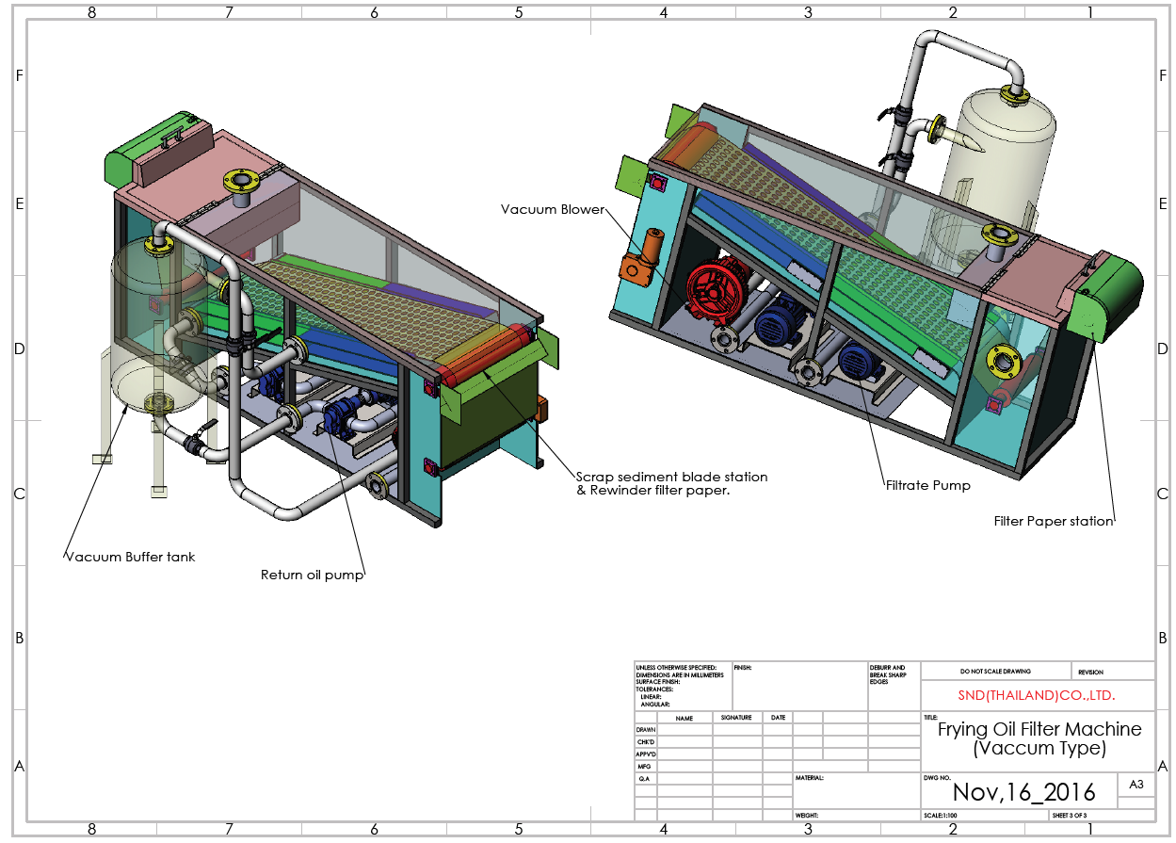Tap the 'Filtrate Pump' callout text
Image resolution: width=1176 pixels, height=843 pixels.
click(927, 486)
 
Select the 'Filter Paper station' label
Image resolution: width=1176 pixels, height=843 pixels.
click(1054, 521)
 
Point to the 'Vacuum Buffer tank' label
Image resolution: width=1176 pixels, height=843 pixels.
click(130, 557)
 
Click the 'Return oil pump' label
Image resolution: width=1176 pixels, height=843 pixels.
click(312, 575)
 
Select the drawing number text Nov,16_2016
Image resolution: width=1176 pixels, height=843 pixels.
click(1023, 791)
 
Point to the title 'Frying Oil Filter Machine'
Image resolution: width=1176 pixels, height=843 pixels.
click(1039, 729)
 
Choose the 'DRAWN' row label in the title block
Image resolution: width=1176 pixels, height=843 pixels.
click(646, 730)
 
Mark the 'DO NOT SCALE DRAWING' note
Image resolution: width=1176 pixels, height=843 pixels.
click(995, 672)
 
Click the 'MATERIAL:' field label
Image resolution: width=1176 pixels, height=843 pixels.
click(810, 778)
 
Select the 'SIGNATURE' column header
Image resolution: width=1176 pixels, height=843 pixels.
click(736, 718)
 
